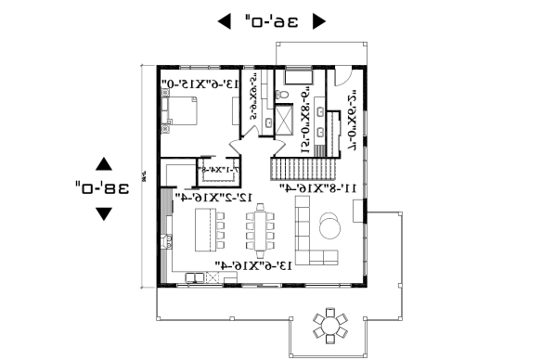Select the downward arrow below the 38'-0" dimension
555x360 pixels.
coord(104,213)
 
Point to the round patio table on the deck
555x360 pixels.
coord(329,325)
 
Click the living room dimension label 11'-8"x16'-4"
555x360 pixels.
coord(320,188)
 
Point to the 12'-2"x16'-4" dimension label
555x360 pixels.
coord(214,198)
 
